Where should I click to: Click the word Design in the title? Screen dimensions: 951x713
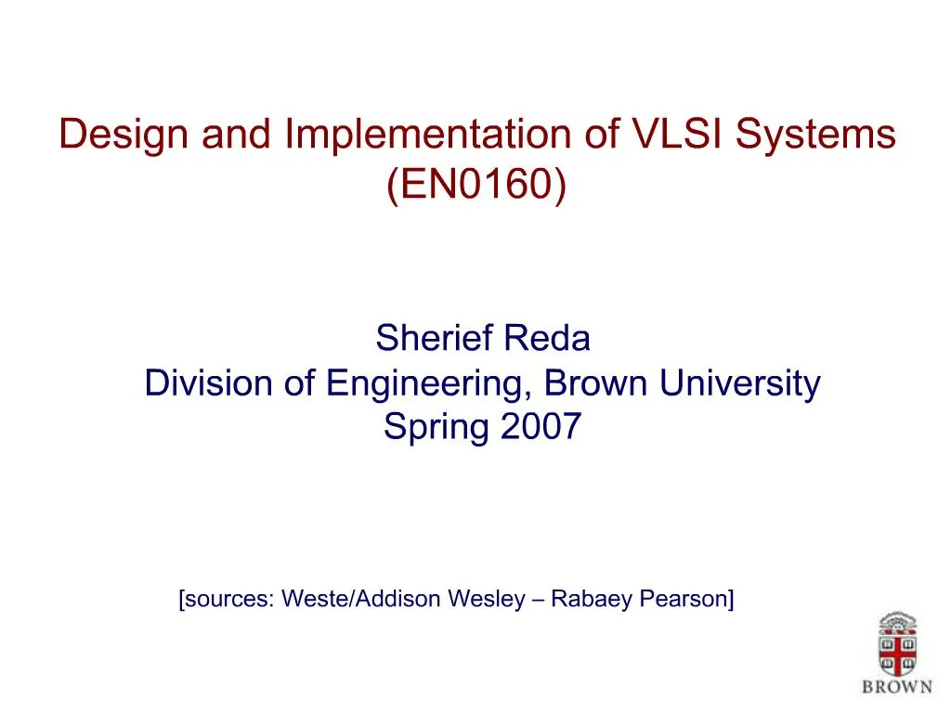(x=124, y=135)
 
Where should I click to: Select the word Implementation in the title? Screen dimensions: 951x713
(x=427, y=134)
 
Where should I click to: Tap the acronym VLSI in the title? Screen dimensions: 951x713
(x=676, y=134)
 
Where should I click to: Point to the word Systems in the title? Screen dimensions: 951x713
(x=815, y=135)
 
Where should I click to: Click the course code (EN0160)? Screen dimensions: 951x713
(x=476, y=184)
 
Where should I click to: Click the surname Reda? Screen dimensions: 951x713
(x=546, y=338)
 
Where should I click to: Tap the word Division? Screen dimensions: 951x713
(x=209, y=382)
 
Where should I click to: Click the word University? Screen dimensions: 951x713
(x=740, y=384)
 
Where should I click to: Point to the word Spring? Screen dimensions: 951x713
(x=436, y=427)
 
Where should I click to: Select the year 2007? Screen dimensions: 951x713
(x=541, y=426)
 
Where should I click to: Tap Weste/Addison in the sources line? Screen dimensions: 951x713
(x=361, y=599)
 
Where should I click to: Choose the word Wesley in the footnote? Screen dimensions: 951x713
(x=487, y=600)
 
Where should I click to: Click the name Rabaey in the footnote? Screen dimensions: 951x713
(x=592, y=600)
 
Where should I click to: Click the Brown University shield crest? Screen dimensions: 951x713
(x=898, y=644)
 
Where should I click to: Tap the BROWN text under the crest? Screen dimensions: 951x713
(x=898, y=687)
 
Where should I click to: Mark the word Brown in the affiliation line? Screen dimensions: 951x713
(x=595, y=382)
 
